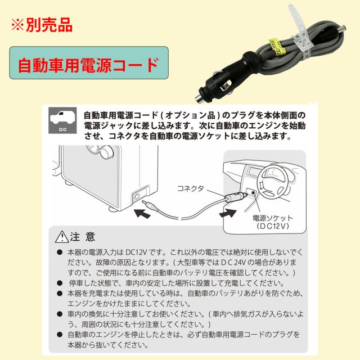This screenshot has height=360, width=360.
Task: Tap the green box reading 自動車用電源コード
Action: pyautogui.click(x=89, y=67)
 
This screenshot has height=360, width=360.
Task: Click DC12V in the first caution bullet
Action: pyautogui.click(x=137, y=252)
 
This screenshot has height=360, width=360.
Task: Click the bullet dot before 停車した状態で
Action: pyautogui.click(x=59, y=283)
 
